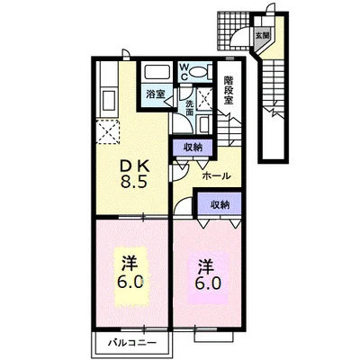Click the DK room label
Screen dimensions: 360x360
point(134,166)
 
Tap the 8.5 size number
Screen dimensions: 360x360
point(134,181)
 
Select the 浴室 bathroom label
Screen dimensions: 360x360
point(155,94)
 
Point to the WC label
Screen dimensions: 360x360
point(184,71)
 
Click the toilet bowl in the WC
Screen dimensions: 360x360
point(199,72)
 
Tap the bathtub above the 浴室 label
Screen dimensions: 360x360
point(157,72)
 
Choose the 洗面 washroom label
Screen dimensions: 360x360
point(189,108)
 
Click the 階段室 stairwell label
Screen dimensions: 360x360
point(229,90)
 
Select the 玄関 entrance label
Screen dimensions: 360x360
point(262,36)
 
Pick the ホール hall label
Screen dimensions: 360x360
point(216,175)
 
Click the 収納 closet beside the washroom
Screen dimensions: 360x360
point(193,148)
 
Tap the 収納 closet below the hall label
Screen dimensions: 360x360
point(220,204)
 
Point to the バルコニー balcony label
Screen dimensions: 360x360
point(132,342)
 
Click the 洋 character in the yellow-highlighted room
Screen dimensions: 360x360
point(130,263)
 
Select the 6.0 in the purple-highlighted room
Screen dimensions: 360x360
point(208,283)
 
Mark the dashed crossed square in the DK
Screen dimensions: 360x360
point(108,131)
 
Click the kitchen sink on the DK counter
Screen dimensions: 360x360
point(108,99)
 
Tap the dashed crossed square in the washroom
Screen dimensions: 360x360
point(204,97)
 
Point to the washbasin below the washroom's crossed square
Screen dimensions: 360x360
point(205,123)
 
